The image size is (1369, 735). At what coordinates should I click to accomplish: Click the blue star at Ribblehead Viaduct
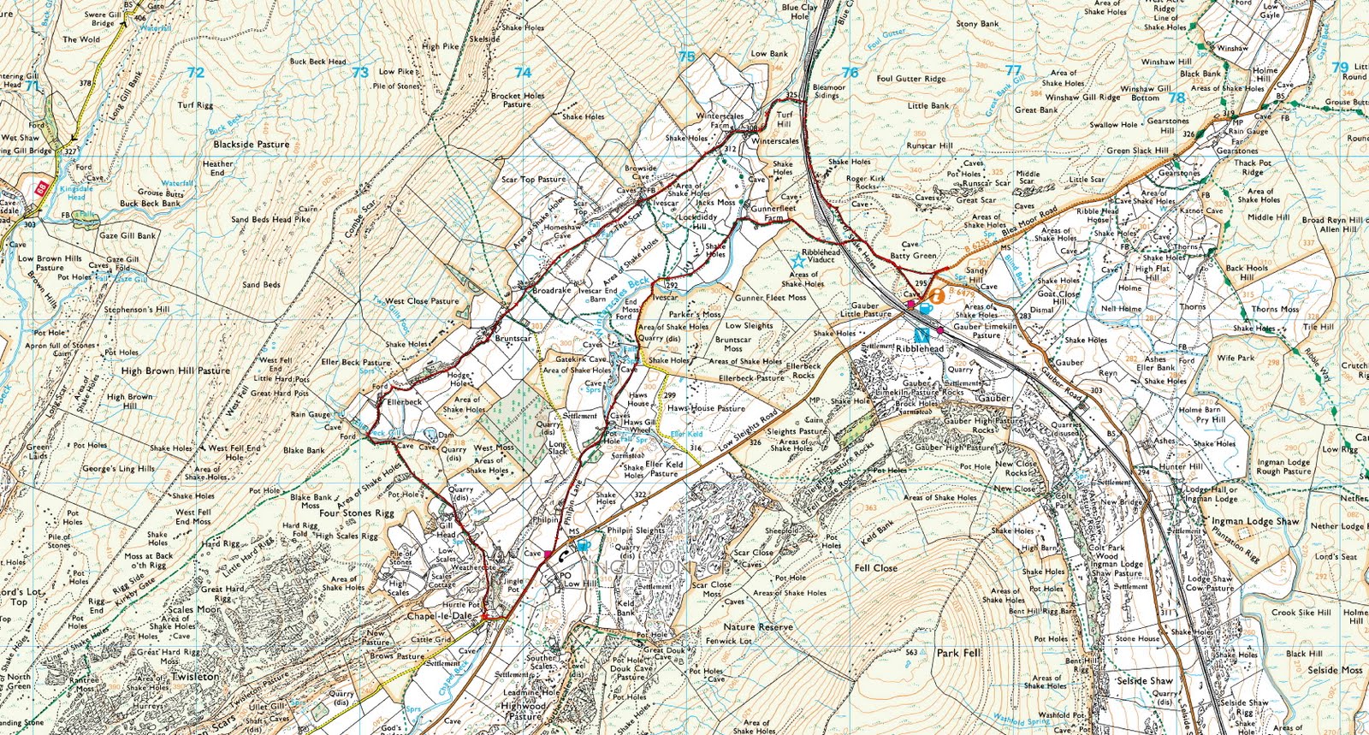[800, 259]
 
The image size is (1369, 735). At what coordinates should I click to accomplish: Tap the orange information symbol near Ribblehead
[938, 296]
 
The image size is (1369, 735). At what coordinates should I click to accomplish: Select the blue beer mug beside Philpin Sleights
[583, 544]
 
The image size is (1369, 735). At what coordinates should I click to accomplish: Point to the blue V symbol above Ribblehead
[922, 336]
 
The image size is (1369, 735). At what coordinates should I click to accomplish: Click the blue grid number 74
[523, 73]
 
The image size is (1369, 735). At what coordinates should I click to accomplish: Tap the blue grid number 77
[1013, 70]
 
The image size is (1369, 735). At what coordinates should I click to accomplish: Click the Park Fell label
[958, 653]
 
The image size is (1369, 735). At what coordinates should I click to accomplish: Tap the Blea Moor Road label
[1028, 222]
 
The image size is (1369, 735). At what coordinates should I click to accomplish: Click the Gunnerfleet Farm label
[773, 213]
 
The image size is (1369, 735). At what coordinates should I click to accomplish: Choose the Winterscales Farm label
[720, 121]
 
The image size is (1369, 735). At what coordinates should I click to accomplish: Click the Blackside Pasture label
[251, 145]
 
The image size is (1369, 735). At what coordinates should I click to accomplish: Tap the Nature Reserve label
[757, 627]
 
